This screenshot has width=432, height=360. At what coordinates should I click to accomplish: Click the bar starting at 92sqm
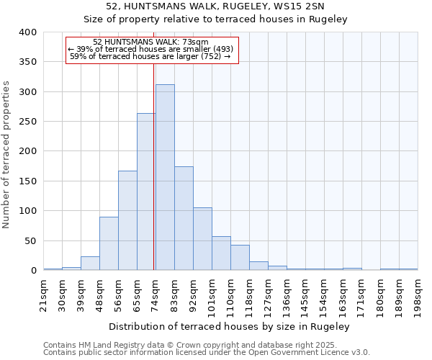pyautogui.click(x=202, y=239)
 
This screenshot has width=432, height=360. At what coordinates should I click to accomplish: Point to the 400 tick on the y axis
pyautogui.click(x=27, y=32)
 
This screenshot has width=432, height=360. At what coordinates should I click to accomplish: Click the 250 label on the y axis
pyautogui.click(x=27, y=122)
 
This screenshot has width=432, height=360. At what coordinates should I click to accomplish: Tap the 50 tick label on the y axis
pyautogui.click(x=30, y=241)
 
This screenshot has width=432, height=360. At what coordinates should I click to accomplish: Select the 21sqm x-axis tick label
pyautogui.click(x=43, y=294)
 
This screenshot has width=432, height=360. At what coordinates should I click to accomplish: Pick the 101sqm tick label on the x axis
pyautogui.click(x=212, y=296)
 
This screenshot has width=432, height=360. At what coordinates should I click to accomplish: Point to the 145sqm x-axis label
pyautogui.click(x=305, y=296)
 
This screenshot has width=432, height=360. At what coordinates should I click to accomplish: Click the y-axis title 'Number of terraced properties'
pyautogui.click(x=6, y=155)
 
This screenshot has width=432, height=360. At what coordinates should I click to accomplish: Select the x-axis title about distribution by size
pyautogui.click(x=230, y=327)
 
